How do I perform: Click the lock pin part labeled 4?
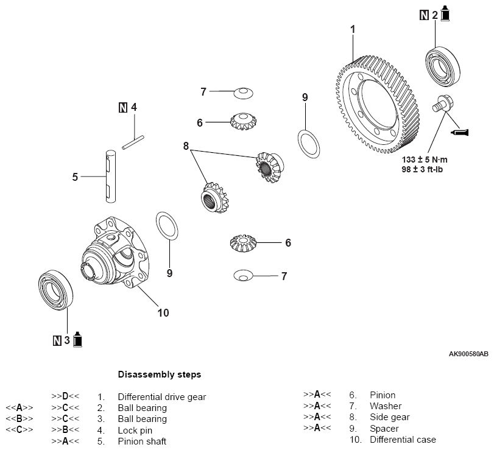pos(133,142)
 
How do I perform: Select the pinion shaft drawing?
pos(111,177)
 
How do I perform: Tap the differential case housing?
pos(115,252)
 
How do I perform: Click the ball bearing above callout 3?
pos(56,290)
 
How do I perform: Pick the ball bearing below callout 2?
pos(443,66)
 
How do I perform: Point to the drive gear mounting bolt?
pos(443,104)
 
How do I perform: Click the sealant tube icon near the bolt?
pos(460,132)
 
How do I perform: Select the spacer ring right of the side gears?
pos(309,144)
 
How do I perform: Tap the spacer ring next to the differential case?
pos(167,226)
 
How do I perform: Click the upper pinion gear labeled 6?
pos(243,121)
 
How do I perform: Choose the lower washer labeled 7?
pos(243,276)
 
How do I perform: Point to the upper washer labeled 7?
pos(243,93)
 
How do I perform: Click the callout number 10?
pos(163,313)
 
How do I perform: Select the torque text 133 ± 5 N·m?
pos(425,160)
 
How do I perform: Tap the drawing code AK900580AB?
pos(468,354)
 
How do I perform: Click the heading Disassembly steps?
pos(160,374)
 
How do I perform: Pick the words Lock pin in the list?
pos(135,430)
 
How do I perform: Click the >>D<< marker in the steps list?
pos(65,396)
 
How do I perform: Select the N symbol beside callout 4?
pos(123,108)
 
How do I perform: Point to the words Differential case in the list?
pos(403,439)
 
